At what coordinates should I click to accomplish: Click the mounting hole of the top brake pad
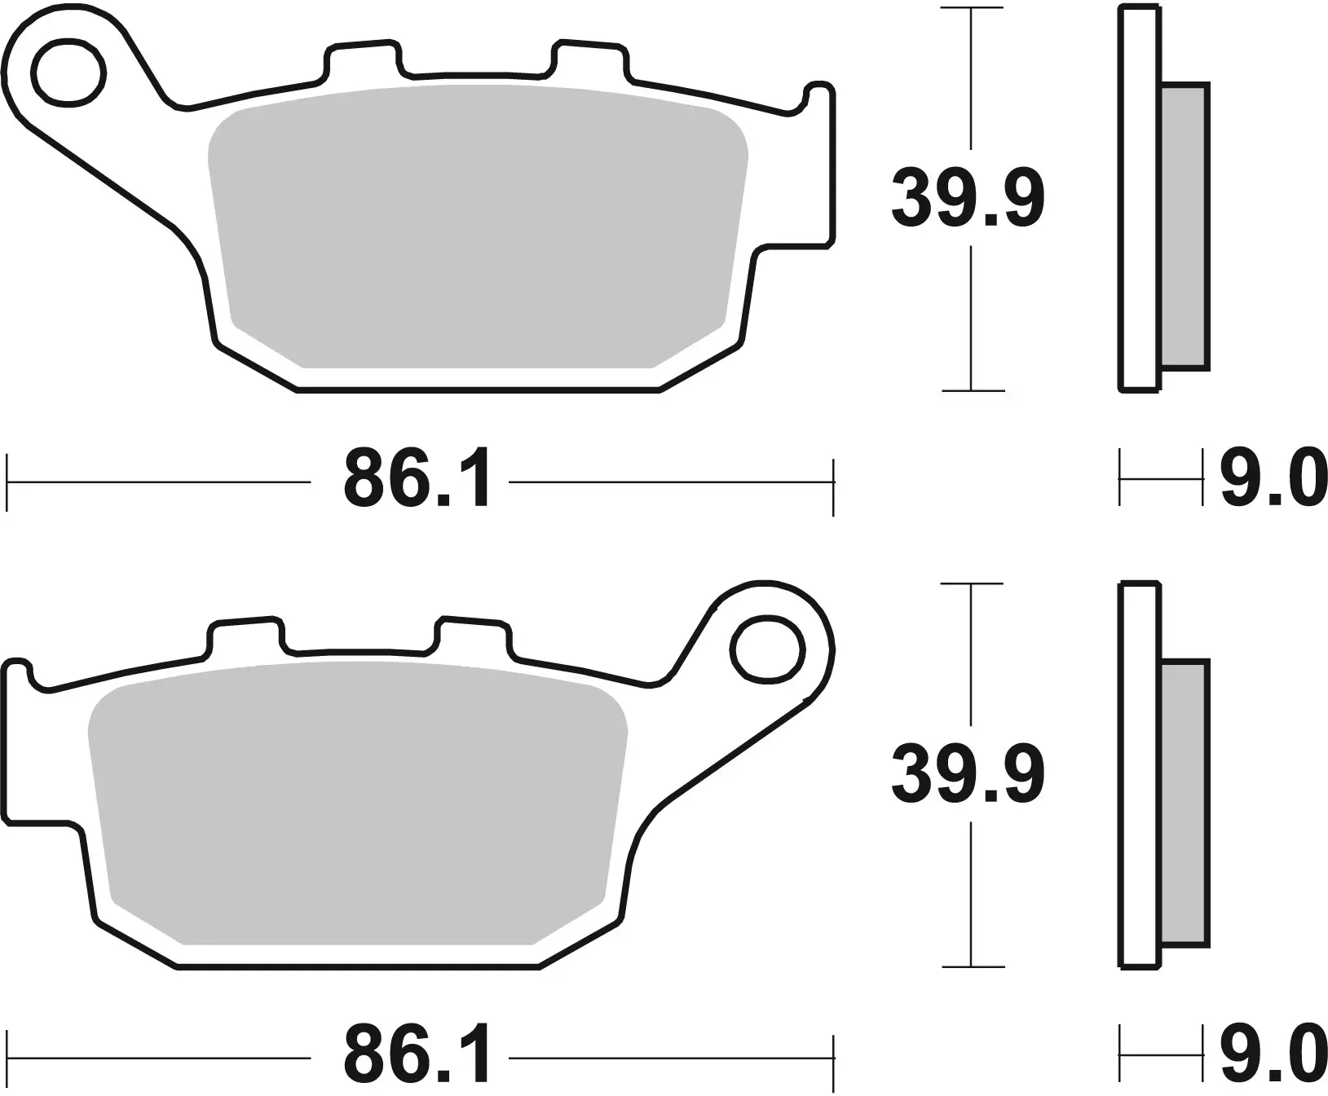pos(71,72)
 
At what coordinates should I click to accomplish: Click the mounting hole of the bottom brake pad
pos(766,649)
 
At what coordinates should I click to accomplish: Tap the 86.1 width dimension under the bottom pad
pos(417,1057)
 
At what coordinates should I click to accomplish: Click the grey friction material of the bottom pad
pos(359,803)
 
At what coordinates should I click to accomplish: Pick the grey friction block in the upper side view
pos(1184,227)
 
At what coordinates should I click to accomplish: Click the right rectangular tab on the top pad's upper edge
pos(592,59)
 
